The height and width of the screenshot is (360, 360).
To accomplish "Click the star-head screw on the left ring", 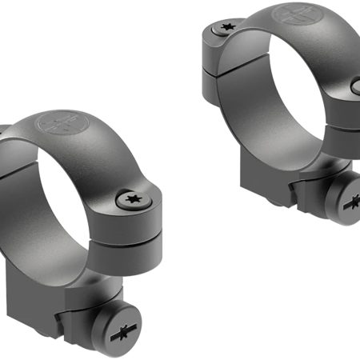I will pyautogui.click(x=129, y=199).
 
